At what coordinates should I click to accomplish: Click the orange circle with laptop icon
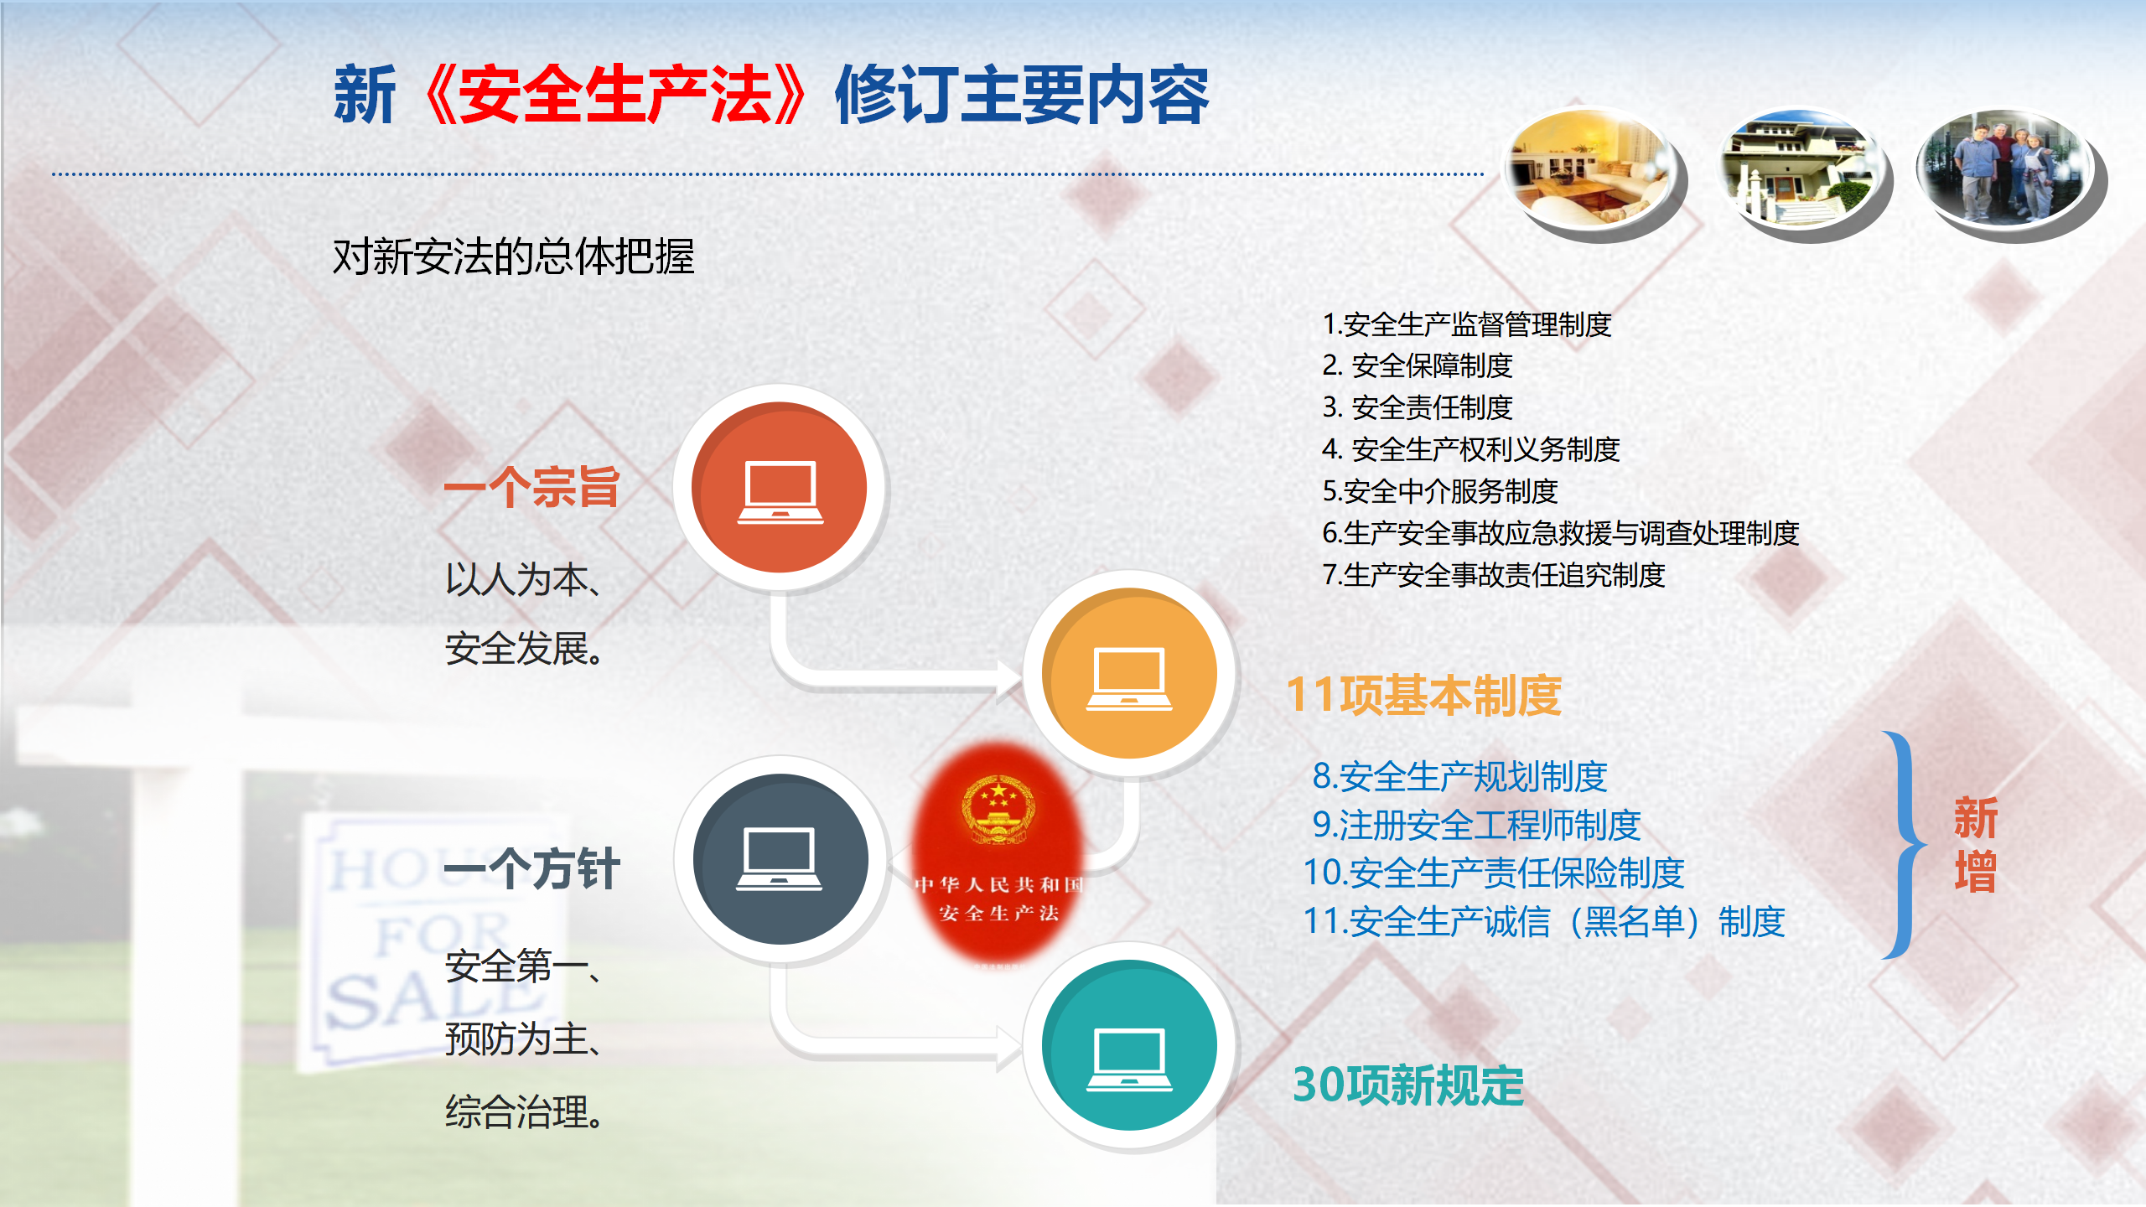point(780,488)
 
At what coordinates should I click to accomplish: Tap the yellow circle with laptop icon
point(1129,674)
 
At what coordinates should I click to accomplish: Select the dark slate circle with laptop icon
point(780,859)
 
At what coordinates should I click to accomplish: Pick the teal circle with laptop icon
point(1129,1045)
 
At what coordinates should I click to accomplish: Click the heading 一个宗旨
point(531,487)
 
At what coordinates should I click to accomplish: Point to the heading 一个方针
point(531,868)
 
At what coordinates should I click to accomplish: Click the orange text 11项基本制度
point(1423,695)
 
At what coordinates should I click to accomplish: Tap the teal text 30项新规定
point(1408,1085)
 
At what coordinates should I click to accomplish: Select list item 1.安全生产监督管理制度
point(1467,324)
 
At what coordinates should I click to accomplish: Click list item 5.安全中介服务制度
point(1440,491)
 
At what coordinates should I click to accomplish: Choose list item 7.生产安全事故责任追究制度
point(1494,575)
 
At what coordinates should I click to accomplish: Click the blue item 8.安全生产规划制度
point(1459,776)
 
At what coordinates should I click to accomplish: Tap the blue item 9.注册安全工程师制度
point(1476,825)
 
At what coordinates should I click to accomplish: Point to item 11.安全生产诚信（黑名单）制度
point(1544,921)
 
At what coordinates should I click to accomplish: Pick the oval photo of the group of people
point(2006,168)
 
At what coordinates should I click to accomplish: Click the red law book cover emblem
point(998,808)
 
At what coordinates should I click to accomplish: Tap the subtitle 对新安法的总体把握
point(514,256)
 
